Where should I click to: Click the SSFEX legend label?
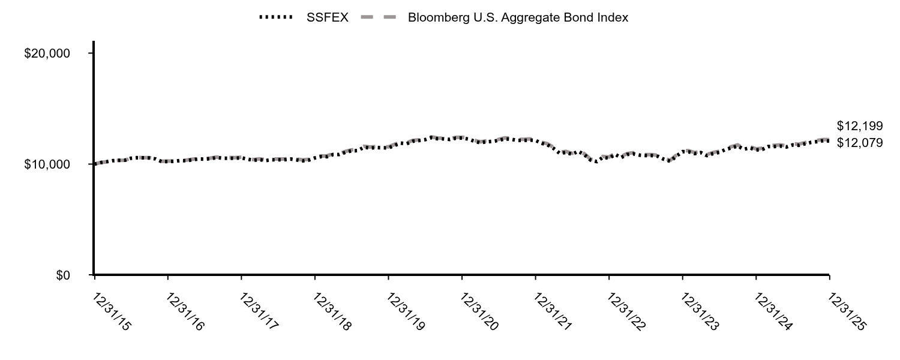click(x=327, y=17)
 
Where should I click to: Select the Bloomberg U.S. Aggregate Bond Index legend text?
click(x=518, y=17)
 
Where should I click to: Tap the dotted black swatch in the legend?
click(x=278, y=17)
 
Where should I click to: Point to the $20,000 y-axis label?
click(x=47, y=53)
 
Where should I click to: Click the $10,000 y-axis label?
click(x=47, y=164)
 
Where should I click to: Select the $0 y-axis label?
click(x=62, y=275)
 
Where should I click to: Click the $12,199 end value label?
click(x=860, y=126)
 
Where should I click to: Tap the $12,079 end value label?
click(x=860, y=143)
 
